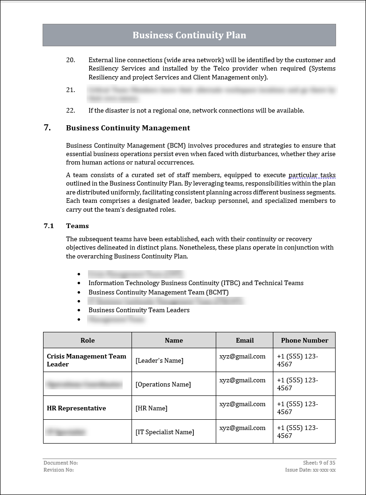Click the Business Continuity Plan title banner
189,35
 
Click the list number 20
70,60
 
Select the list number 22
70,110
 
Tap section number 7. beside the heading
47,128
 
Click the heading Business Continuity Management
128,128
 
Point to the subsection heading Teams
77,226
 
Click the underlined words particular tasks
312,175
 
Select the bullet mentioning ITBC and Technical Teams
196,283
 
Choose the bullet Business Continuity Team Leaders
139,310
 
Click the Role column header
88,340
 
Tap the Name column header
174,340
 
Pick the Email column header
244,340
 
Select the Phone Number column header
304,340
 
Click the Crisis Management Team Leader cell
87,360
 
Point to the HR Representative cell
76,408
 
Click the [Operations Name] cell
163,384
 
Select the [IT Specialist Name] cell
164,432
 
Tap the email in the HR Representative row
242,404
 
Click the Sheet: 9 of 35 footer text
319,463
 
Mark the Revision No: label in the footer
59,470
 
